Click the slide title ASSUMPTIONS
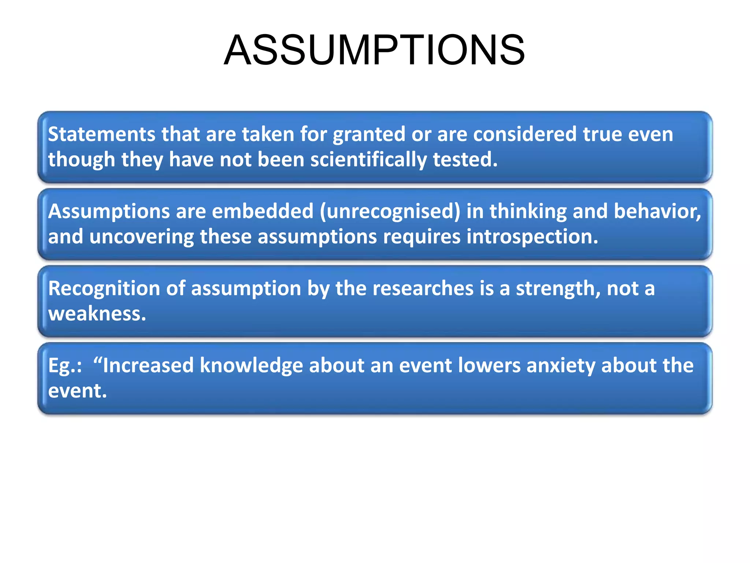(x=374, y=50)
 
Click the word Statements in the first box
(x=102, y=134)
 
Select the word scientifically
(x=368, y=160)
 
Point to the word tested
(x=465, y=160)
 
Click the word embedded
(x=263, y=211)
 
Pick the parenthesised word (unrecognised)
(x=390, y=212)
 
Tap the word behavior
(x=657, y=211)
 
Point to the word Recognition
(x=104, y=288)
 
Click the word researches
(x=423, y=288)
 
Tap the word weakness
(x=97, y=314)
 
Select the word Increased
(x=148, y=365)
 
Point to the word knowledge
(x=251, y=366)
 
